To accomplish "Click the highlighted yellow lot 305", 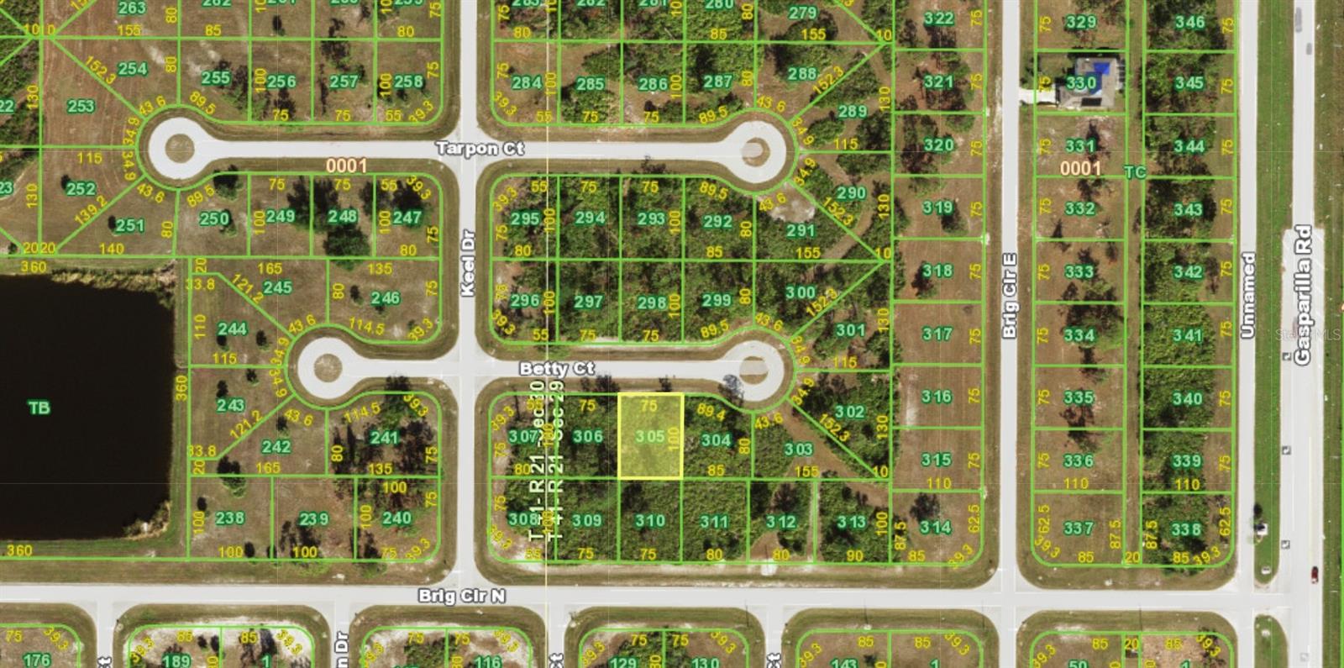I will tap(650, 437).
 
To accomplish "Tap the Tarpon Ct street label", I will tap(480, 149).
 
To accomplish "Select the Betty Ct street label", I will tap(556, 369).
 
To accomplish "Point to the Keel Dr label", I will tap(468, 262).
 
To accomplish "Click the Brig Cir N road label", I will tap(462, 596).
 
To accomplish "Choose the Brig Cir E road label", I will tap(1010, 296).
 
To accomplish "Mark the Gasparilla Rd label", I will tap(1302, 294).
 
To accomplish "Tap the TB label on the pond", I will tap(39, 408).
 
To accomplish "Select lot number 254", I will tap(133, 68).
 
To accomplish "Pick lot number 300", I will tap(800, 292).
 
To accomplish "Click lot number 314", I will tap(935, 527).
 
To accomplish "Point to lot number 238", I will tap(229, 518).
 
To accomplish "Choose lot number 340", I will tap(1187, 398).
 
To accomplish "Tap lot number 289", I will tap(852, 111).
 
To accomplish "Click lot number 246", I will tap(385, 298).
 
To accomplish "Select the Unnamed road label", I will tap(1247, 295).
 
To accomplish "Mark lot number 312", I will tap(780, 522).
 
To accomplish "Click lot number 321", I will tap(938, 82).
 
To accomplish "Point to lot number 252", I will tap(81, 189).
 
